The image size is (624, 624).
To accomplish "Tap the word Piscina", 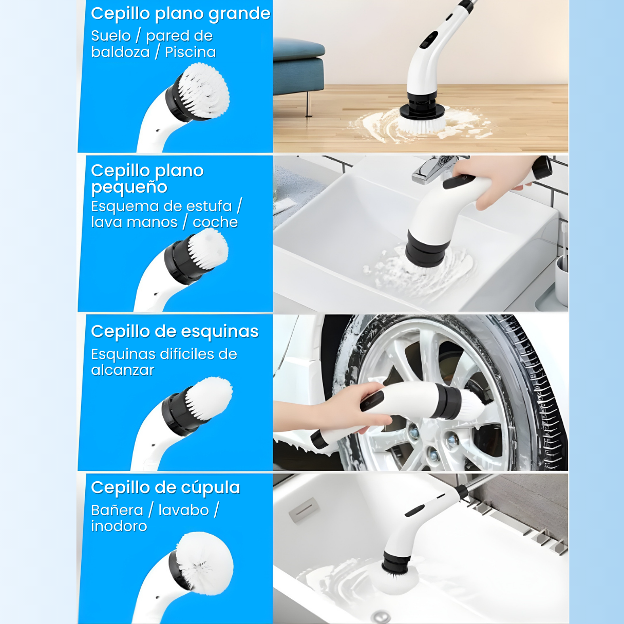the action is (191, 52).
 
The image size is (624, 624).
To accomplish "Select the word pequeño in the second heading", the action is (129, 187).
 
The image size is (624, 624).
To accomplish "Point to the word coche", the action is (215, 222).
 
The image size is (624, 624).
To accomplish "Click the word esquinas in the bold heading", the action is (219, 332).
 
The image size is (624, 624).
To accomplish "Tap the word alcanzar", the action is (123, 370).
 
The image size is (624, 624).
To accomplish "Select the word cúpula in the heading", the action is (210, 488).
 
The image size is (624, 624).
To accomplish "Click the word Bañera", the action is (117, 510).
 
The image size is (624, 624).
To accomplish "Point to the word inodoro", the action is (119, 526).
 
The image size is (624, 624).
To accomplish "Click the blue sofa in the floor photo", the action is (298, 65).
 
